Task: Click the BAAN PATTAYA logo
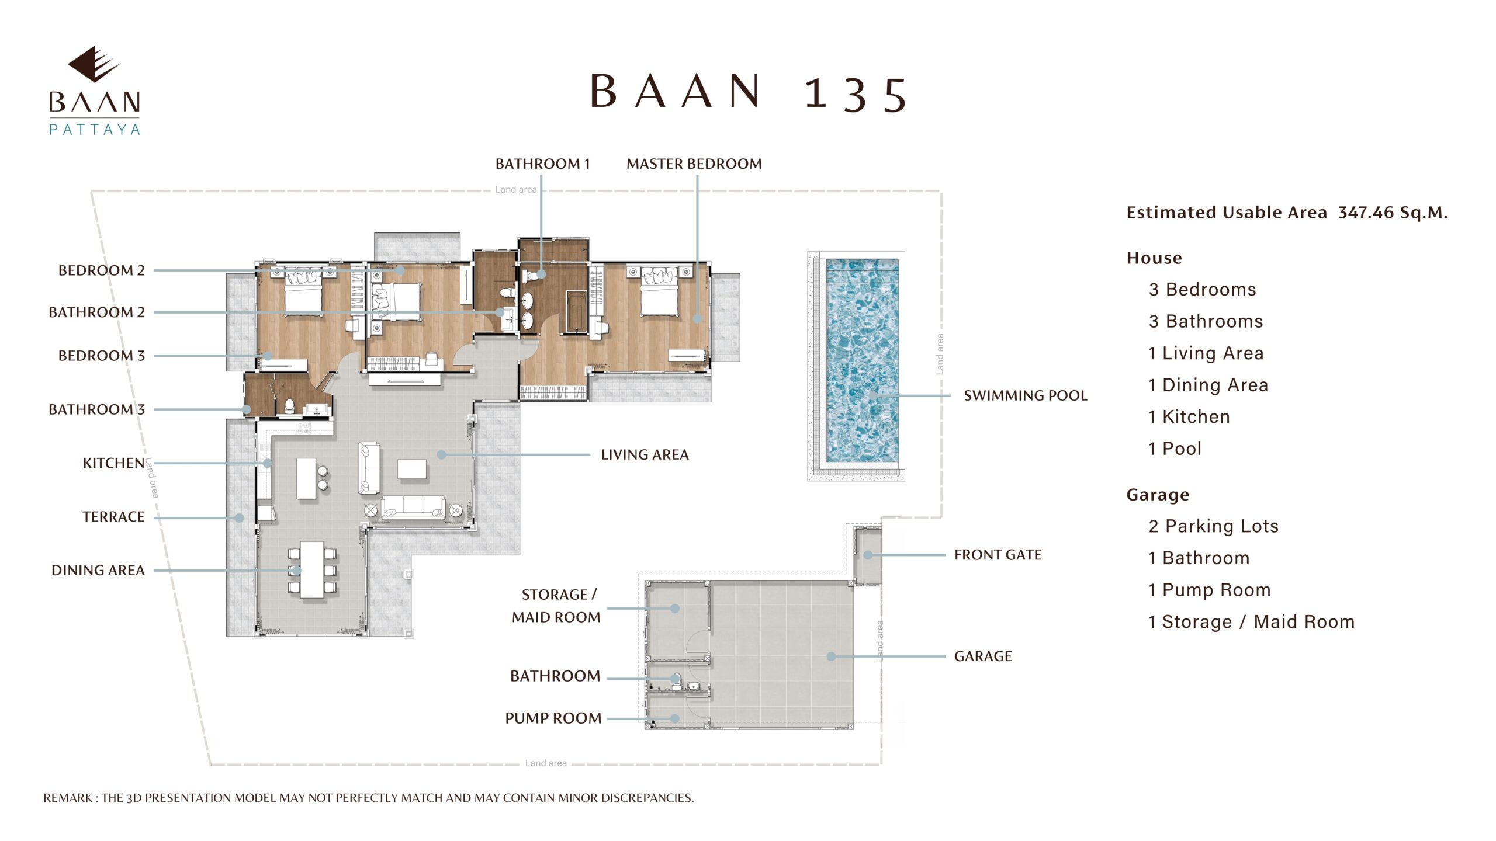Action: coord(94,91)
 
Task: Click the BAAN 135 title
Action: coord(749,93)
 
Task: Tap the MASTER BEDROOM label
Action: coord(694,164)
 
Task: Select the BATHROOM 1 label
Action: coord(542,164)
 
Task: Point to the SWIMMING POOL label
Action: coord(1026,395)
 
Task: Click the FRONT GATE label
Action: coord(998,555)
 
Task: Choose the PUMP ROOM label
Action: coord(553,718)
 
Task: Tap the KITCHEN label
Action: coord(113,463)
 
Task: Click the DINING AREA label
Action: coord(98,570)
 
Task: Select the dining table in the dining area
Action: coord(312,570)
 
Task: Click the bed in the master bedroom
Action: coord(660,292)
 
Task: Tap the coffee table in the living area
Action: coord(412,469)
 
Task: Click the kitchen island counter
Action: coord(306,478)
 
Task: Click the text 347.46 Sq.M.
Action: coord(1393,212)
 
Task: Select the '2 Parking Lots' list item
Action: coord(1213,526)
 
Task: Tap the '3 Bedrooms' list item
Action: coord(1202,290)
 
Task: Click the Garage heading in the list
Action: coord(1158,495)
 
